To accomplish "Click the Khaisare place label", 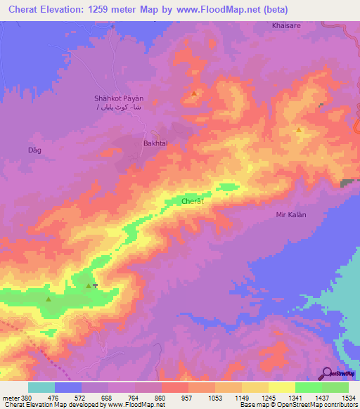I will pos(285,26).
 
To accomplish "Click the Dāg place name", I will pos(33,150).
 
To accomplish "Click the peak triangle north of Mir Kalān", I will pos(299,130).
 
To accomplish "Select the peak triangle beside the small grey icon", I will pos(88,286).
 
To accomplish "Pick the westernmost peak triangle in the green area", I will pos(49,299).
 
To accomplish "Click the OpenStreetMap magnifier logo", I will pos(328,373).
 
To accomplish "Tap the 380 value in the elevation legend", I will pos(27,398).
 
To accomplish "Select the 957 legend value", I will pos(188,398).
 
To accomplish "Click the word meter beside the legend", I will pos(10,398).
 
